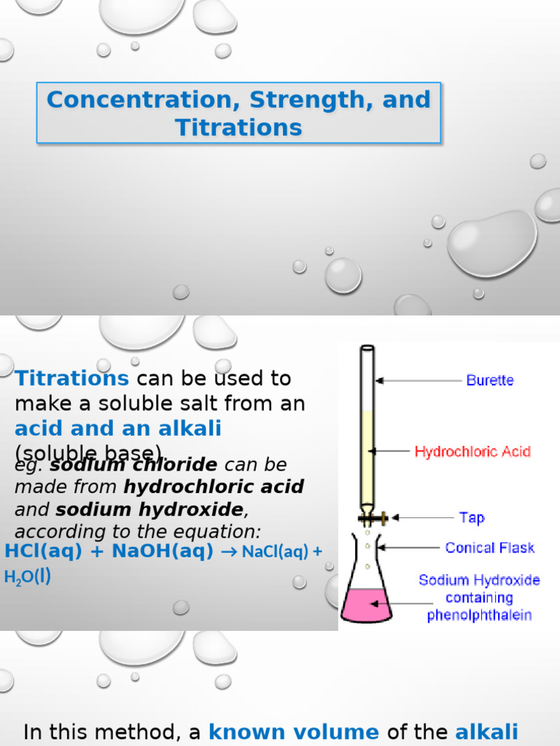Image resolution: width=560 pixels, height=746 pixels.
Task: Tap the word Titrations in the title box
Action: tap(238, 127)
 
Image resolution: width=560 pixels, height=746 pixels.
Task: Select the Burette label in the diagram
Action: tap(489, 380)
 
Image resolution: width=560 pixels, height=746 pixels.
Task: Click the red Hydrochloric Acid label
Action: tap(472, 452)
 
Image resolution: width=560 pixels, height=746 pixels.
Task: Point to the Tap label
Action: tap(472, 517)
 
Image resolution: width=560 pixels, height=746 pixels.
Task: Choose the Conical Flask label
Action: tap(489, 547)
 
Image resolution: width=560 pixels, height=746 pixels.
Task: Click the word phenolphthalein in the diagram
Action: tap(479, 615)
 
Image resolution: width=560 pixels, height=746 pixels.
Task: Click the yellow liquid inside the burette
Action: tap(367, 459)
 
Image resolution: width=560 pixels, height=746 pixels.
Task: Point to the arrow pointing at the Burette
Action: tap(416, 380)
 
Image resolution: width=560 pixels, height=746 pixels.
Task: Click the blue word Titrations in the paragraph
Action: tap(71, 378)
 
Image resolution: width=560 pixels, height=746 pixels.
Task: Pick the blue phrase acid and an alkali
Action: tap(117, 428)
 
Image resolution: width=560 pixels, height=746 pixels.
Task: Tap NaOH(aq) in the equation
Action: tap(162, 551)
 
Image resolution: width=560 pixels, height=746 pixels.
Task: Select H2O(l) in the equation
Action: tap(27, 577)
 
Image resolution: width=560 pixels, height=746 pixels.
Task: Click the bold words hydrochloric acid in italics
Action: tap(214, 486)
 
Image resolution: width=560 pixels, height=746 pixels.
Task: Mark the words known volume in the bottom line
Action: tap(294, 732)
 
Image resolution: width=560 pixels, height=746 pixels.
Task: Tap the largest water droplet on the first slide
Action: tap(491, 244)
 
